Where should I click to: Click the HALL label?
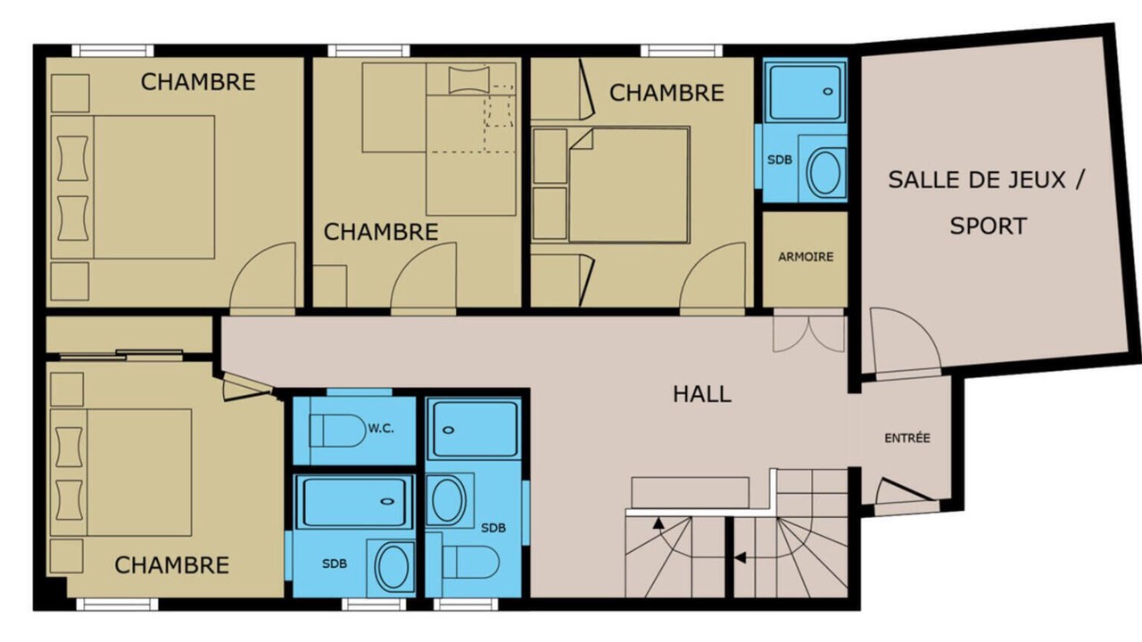702,394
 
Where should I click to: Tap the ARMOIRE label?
806,257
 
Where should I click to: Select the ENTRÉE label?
907,438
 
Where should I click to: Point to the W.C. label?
381,429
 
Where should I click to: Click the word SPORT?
988,226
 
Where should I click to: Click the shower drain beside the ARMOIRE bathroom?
828,92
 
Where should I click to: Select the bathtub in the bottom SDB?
354,501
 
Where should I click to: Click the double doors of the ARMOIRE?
809,333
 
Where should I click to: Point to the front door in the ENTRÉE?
905,491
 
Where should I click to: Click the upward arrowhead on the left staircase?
658,523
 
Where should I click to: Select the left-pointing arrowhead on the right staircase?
740,558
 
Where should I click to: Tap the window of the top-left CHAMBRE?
112,51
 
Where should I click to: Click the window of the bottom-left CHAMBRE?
117,605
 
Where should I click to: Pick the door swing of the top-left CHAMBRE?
262,276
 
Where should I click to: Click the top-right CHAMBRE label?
666,93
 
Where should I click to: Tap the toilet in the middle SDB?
470,563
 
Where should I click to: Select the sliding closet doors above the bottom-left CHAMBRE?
121,355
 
